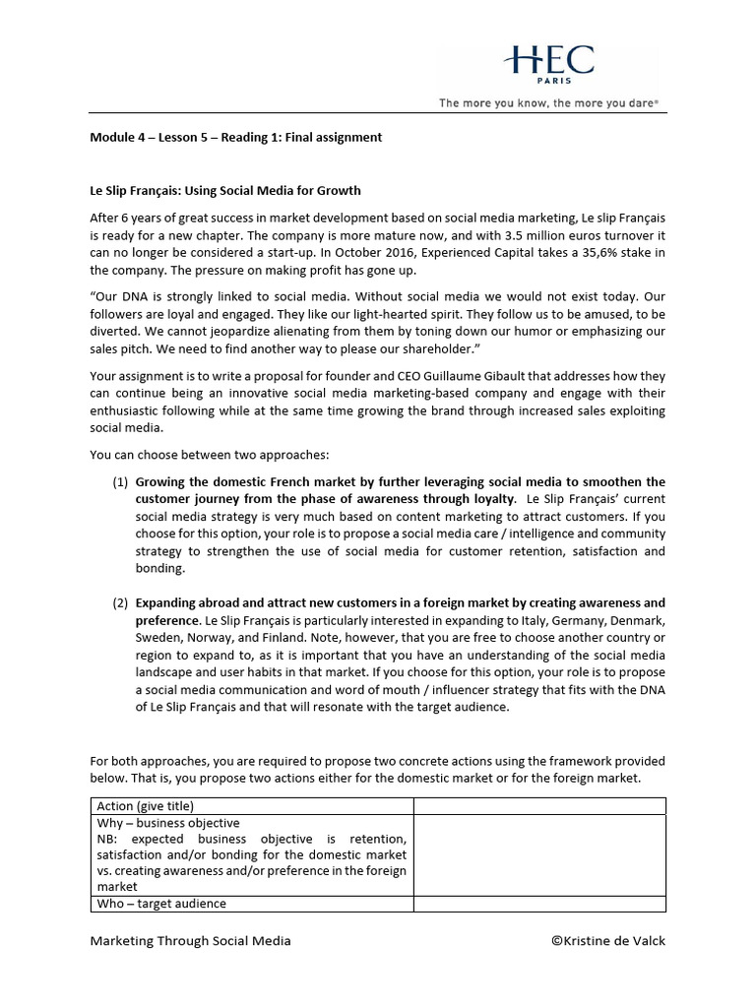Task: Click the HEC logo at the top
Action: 548,61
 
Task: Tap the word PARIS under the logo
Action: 549,82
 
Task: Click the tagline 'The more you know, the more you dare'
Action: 548,102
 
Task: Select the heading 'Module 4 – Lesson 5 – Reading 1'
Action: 236,137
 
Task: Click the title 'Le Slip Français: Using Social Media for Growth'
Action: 225,190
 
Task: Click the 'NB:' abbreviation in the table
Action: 109,839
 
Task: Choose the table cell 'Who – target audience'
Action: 161,903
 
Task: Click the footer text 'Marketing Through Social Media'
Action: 190,940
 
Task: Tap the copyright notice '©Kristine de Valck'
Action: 607,940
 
